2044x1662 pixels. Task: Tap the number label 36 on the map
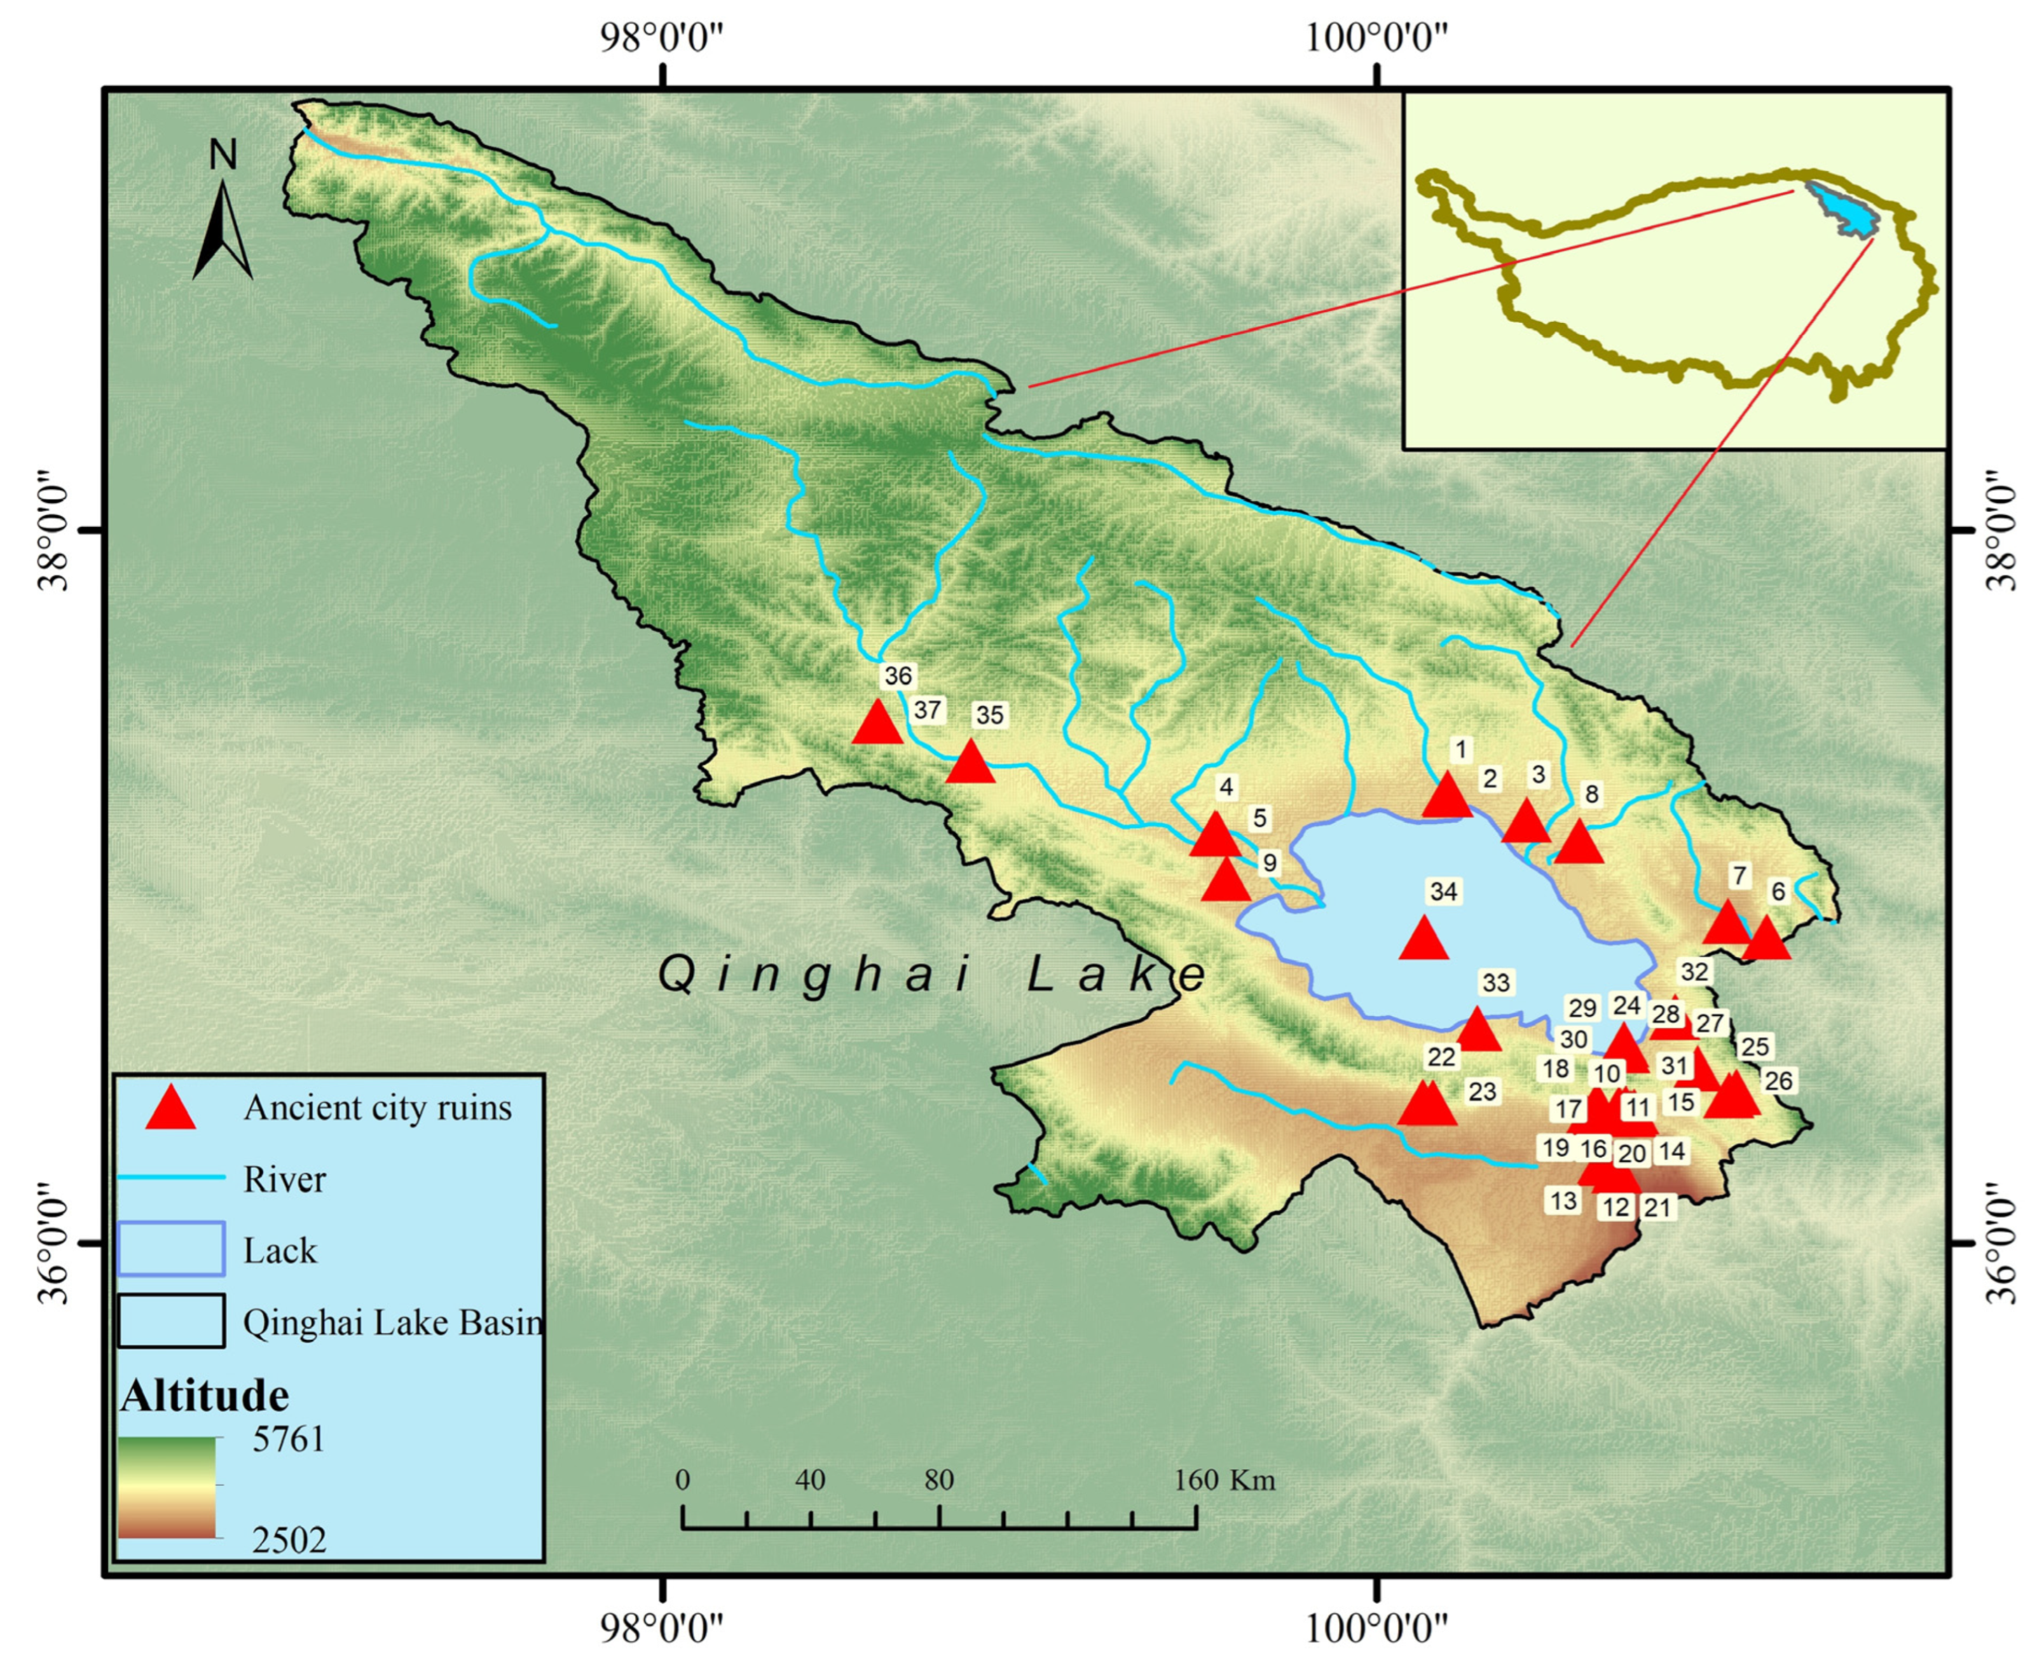click(x=897, y=676)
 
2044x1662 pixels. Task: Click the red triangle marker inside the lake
click(x=1423, y=938)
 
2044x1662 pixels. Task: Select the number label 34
click(x=1443, y=891)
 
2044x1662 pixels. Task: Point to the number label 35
click(x=989, y=715)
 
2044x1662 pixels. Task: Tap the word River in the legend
click(x=284, y=1179)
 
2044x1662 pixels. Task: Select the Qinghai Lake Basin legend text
click(x=392, y=1322)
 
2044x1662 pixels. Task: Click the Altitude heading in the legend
click(x=204, y=1396)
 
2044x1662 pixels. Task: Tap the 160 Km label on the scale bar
click(x=1224, y=1481)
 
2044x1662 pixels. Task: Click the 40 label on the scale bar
click(x=810, y=1481)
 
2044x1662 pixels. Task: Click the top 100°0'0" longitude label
click(x=1376, y=39)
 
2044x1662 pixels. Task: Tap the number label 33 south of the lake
click(x=1495, y=983)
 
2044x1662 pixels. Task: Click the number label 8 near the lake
click(x=1591, y=793)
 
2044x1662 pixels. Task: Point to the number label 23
click(x=1482, y=1092)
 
